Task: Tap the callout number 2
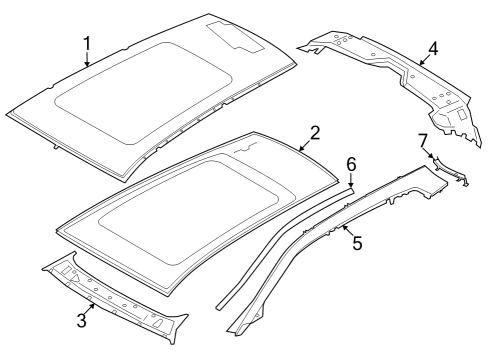tap(314, 132)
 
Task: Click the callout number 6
tap(351, 163)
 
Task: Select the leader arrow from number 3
tap(90, 309)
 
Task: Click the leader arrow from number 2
tap(305, 142)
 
